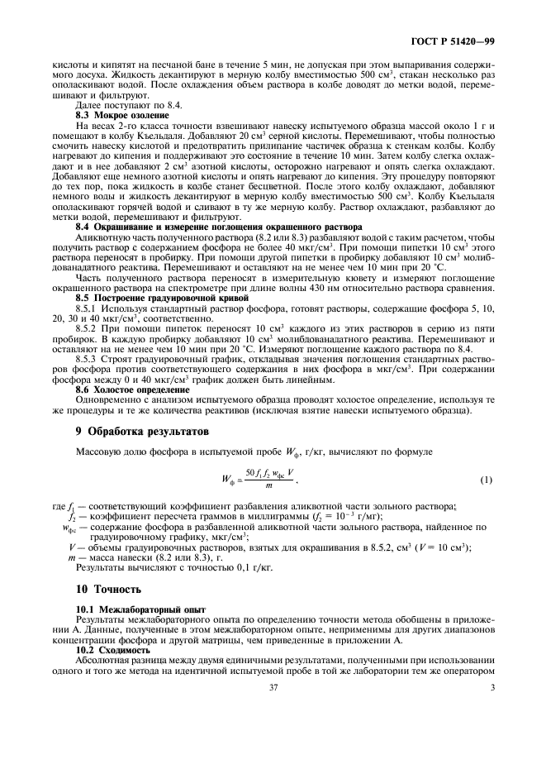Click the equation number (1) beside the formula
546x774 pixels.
tap(487, 480)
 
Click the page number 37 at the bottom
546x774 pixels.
tap(273, 687)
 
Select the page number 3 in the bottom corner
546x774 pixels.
tap(491, 687)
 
